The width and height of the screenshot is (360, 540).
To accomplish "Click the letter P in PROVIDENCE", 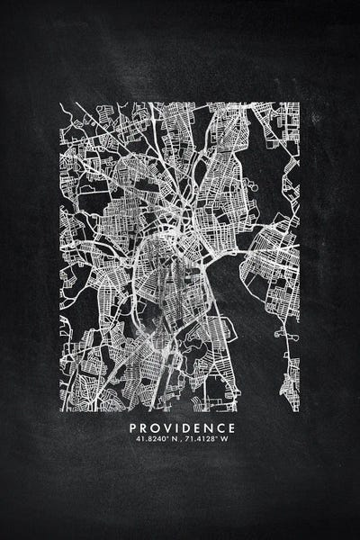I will (x=134, y=427).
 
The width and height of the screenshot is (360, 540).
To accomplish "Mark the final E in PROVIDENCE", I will (x=232, y=427).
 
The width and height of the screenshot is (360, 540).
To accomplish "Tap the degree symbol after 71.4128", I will (x=217, y=437).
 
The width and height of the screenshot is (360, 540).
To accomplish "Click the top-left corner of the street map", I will (x=60, y=102).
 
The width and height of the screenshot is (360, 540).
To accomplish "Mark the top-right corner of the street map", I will (x=300, y=102).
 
